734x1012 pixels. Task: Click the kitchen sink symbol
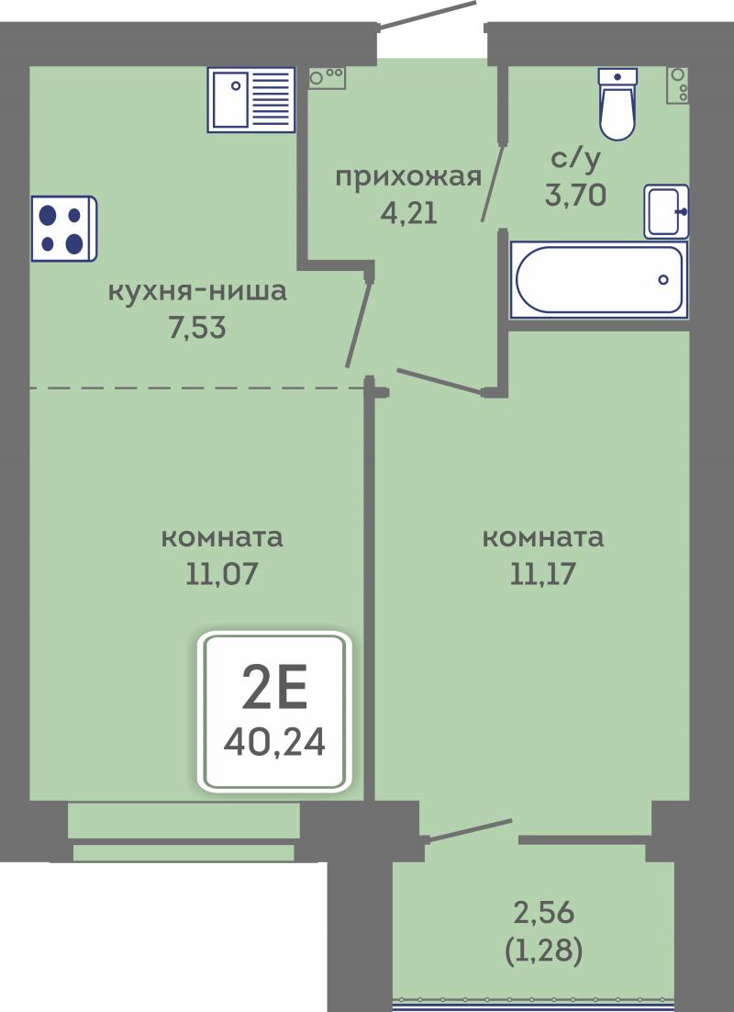tap(251, 99)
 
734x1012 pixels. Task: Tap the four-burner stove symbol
tap(64, 229)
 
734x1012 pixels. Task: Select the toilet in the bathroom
tap(617, 104)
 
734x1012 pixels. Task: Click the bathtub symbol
tap(599, 280)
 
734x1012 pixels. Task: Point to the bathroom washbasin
tap(666, 211)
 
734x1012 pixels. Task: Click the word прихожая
tap(408, 176)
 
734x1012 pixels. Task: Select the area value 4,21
tap(408, 212)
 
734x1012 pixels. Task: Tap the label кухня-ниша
tap(196, 291)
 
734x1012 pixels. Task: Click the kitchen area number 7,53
tap(197, 328)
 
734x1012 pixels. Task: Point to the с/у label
tap(575, 159)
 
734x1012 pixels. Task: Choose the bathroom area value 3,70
tap(575, 195)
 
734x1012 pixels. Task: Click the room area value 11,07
tap(221, 573)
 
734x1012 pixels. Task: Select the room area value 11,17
tap(542, 573)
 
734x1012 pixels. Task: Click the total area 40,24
tap(274, 742)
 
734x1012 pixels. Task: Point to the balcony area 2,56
tap(544, 913)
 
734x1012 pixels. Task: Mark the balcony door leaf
tap(470, 830)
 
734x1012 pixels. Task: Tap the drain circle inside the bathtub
tap(663, 280)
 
